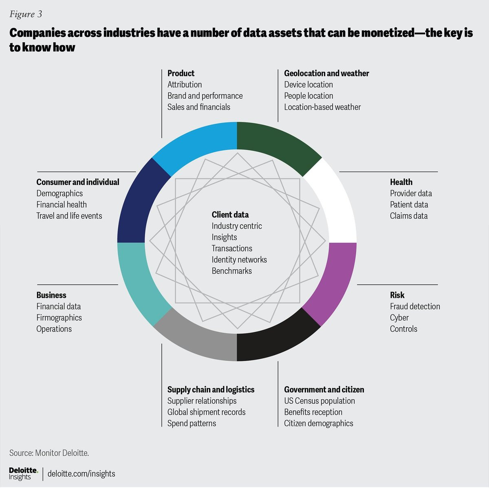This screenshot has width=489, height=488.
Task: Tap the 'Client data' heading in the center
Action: pyautogui.click(x=230, y=215)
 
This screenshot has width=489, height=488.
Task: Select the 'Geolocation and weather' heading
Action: pyautogui.click(x=326, y=73)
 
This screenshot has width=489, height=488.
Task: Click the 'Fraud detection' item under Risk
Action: pyautogui.click(x=415, y=306)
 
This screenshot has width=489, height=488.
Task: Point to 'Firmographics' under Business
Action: pyautogui.click(x=59, y=318)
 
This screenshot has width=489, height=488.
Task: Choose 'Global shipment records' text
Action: pyautogui.click(x=206, y=412)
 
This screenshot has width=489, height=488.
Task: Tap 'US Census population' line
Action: pyautogui.click(x=319, y=401)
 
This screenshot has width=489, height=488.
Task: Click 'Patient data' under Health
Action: pyautogui.click(x=409, y=204)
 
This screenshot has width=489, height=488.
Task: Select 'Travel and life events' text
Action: pyautogui.click(x=69, y=216)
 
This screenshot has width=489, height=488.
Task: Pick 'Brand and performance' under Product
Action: pyautogui.click(x=205, y=96)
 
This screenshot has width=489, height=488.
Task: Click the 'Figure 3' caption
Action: pyautogui.click(x=26, y=14)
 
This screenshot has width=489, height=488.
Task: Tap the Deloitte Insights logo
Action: pyautogui.click(x=23, y=474)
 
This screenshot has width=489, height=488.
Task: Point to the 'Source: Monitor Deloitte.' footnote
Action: pyautogui.click(x=49, y=453)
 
